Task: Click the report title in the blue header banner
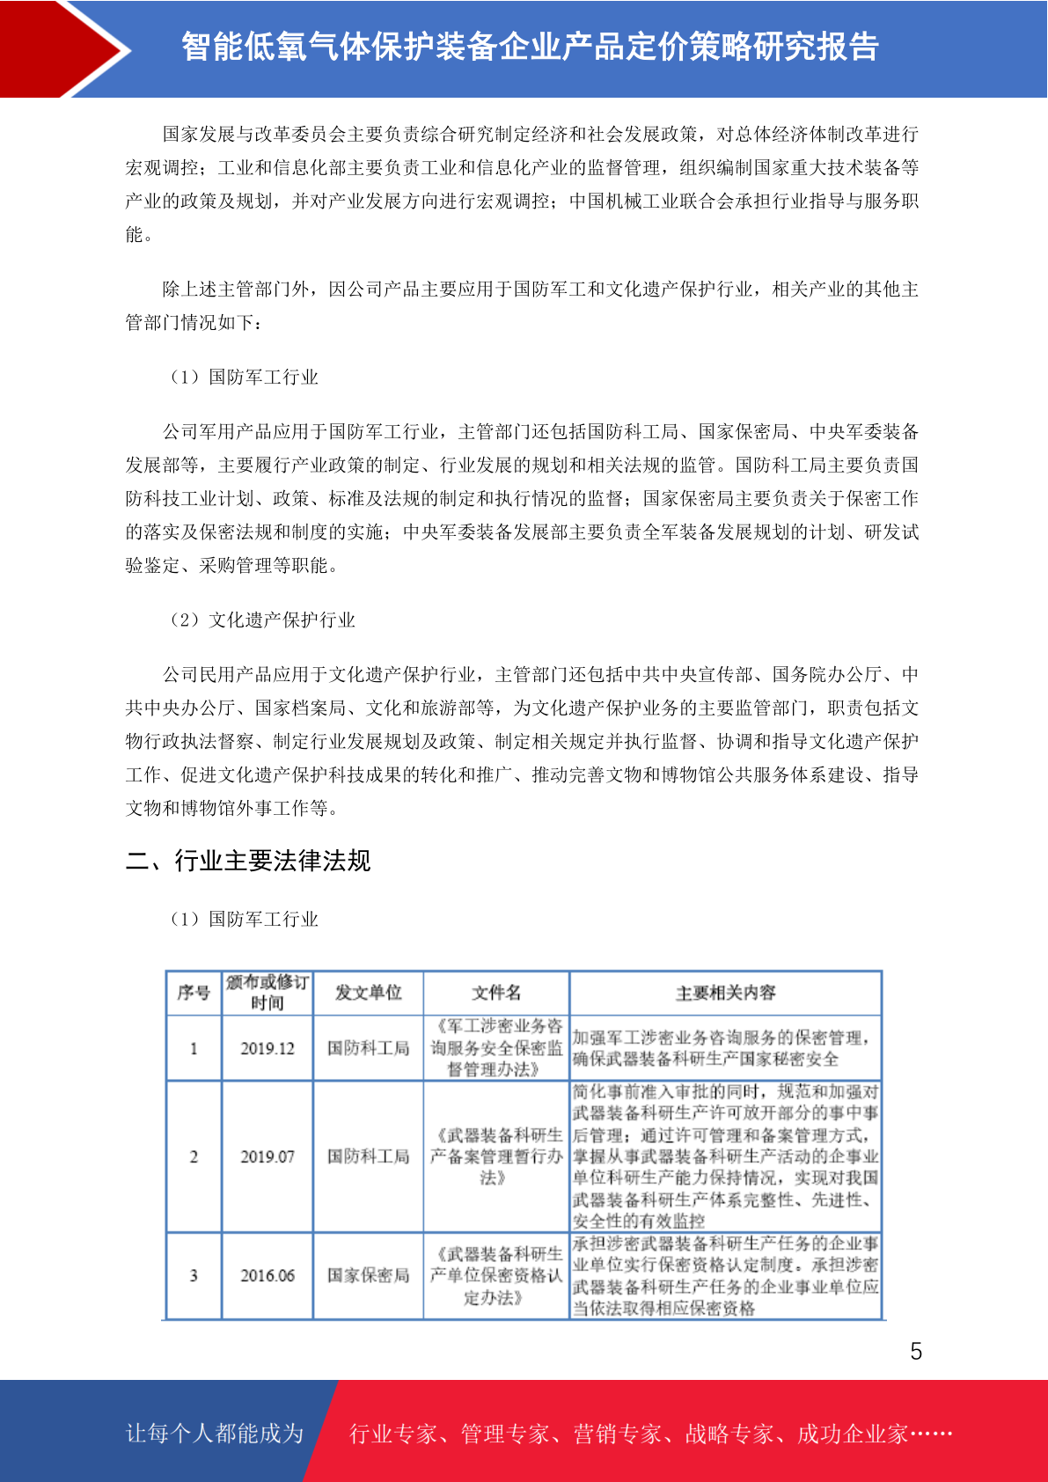pos(530,47)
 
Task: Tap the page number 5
pos(916,1351)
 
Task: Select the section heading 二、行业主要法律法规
pos(248,860)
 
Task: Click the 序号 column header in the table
pos(194,993)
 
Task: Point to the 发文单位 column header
pos(368,993)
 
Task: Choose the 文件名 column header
pos(496,993)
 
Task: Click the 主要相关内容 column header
pos(725,993)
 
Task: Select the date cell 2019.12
pos(267,1048)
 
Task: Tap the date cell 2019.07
pos(267,1156)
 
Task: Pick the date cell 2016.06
pos(267,1275)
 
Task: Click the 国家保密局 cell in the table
pos(368,1275)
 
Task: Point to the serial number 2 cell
pos(194,1156)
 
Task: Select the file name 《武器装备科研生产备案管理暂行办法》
pos(496,1156)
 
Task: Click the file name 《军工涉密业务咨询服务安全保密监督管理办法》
pos(496,1047)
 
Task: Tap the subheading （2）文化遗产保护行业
pos(263,620)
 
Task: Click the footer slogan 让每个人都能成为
pos(215,1433)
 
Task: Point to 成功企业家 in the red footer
pos(852,1434)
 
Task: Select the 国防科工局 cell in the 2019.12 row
pos(368,1048)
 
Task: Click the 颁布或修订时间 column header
pos(267,993)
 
